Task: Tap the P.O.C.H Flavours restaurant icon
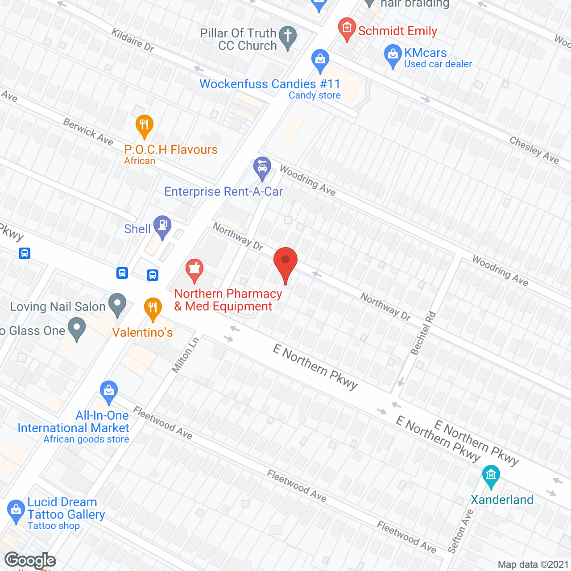[144, 126]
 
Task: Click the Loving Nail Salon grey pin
[117, 305]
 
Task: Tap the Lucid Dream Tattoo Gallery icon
[16, 511]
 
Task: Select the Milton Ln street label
[186, 355]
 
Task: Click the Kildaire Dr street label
[132, 40]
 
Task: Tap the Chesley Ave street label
[534, 150]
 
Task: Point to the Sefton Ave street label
[460, 531]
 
